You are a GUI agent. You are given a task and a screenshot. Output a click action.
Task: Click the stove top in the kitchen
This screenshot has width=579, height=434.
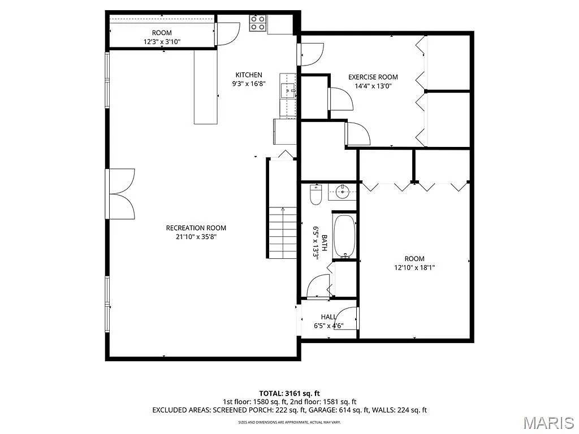[x=258, y=23]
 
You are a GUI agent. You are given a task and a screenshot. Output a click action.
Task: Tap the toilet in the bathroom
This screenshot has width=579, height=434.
[x=316, y=196]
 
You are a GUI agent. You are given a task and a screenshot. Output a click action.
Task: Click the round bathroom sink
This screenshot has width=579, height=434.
[x=343, y=192]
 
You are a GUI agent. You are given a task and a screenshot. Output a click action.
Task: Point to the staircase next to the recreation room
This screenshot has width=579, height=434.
[x=282, y=232]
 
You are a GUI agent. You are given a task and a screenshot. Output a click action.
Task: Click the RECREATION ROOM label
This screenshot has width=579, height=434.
[x=196, y=228]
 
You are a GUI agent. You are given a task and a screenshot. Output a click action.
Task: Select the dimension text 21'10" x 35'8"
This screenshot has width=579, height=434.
[x=196, y=237]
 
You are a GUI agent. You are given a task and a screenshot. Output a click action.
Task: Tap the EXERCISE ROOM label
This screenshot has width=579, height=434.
[x=373, y=77]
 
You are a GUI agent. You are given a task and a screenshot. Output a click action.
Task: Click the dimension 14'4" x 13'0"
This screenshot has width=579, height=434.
[x=373, y=86]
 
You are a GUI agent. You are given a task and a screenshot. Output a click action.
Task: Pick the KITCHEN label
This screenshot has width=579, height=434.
[x=249, y=75]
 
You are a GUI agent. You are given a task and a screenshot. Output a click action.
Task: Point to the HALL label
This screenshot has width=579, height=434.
[x=329, y=317]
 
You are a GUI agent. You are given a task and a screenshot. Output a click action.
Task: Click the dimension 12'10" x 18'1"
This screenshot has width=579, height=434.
[x=414, y=268]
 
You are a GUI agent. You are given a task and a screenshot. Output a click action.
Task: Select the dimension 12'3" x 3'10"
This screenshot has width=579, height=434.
[x=161, y=41]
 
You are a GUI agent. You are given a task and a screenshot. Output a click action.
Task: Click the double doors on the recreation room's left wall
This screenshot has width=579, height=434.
[x=121, y=193]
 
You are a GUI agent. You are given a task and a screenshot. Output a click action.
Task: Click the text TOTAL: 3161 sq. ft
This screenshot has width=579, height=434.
[x=289, y=393]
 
